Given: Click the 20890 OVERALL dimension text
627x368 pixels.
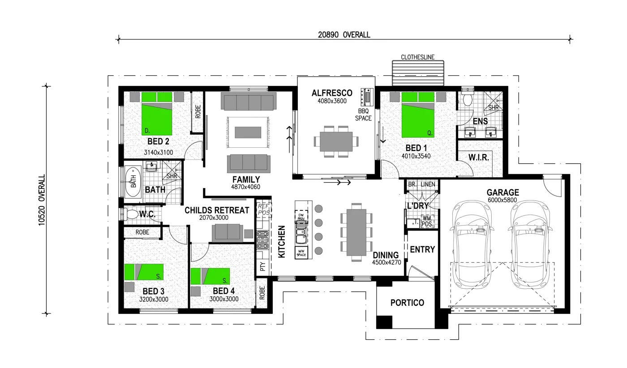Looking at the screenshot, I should click(x=344, y=35).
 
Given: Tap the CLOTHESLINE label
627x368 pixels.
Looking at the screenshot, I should click(x=417, y=57).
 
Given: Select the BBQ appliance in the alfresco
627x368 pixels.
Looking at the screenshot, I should click(x=367, y=96).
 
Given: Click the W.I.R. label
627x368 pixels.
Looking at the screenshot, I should click(x=479, y=158).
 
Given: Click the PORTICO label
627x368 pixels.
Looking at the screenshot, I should click(x=407, y=303).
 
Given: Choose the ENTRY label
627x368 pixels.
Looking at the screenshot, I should click(x=422, y=249).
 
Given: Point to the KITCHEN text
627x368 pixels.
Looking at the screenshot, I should click(x=282, y=242).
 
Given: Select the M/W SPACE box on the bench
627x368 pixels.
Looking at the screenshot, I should click(x=301, y=252).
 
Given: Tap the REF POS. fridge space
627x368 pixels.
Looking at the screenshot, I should click(x=263, y=210).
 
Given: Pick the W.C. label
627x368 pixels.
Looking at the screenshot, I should click(x=147, y=214).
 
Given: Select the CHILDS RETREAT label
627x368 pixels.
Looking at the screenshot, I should click(x=217, y=210).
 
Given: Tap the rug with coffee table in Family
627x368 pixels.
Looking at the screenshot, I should click(x=248, y=132).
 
